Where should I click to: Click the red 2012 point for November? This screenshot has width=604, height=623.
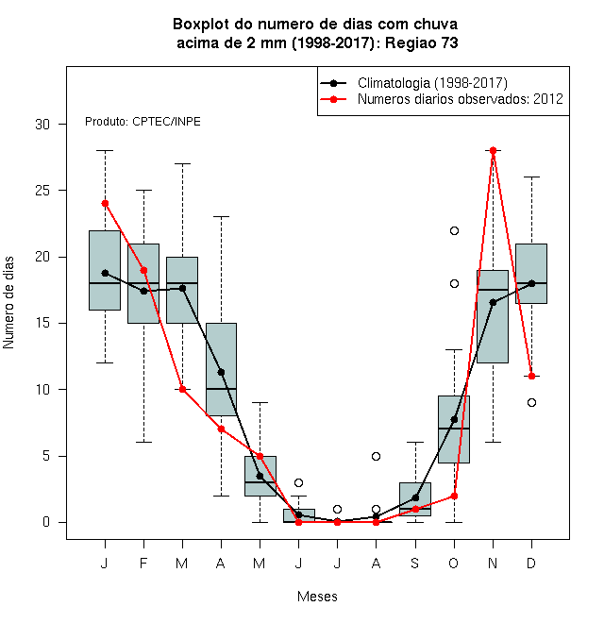pos(493,151)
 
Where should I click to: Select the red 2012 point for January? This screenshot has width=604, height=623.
pos(105,204)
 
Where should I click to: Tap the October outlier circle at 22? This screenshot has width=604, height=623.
pos(454,231)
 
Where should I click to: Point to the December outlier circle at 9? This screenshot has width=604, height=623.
pos(531,402)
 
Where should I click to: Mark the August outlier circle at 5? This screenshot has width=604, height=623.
pos(376,456)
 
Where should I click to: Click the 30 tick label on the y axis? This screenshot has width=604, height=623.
pos(42,125)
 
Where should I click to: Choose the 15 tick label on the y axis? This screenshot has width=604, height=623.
pos(42,323)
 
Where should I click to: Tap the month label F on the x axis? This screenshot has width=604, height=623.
pos(143,563)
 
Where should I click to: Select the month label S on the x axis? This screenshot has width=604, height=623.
pos(415,563)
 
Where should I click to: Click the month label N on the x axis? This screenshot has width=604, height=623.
pos(493,563)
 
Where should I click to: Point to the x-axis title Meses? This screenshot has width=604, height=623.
pos(317,597)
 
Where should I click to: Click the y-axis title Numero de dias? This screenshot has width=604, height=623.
pos(8,303)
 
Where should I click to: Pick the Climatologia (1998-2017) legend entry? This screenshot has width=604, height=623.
pos(413,83)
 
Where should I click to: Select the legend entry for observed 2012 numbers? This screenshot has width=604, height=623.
pos(442,99)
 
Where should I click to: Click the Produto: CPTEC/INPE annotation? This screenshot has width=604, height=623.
pos(143,122)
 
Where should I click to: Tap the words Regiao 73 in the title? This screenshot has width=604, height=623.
pos(422,42)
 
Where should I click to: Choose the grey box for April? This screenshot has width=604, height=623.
pos(222,369)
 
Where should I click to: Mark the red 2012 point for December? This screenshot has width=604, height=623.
pos(531,376)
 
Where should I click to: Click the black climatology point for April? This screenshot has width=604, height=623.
pos(222,372)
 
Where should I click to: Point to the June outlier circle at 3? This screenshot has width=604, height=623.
pos(298,482)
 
